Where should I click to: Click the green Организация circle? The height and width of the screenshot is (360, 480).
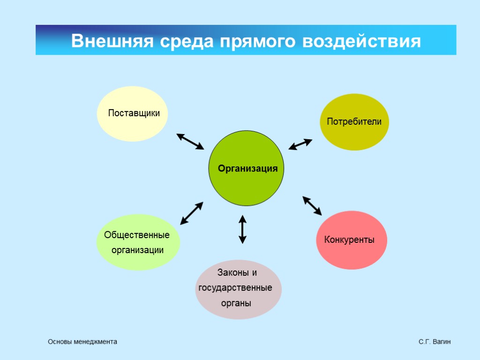pyautogui.click(x=246, y=168)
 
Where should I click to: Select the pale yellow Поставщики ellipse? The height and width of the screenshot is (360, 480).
pyautogui.click(x=132, y=113)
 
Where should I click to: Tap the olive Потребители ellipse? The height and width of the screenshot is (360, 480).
pyautogui.click(x=354, y=122)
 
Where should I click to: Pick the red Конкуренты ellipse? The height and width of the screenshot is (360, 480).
pyautogui.click(x=352, y=240)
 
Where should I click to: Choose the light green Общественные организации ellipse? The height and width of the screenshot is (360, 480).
pyautogui.click(x=138, y=242)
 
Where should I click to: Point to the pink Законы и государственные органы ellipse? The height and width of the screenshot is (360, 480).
pyautogui.click(x=238, y=289)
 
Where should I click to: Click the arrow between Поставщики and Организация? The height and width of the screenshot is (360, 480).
pyautogui.click(x=190, y=141)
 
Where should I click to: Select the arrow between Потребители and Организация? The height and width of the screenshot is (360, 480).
pyautogui.click(x=300, y=144)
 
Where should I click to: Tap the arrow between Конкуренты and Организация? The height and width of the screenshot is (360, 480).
pyautogui.click(x=312, y=206)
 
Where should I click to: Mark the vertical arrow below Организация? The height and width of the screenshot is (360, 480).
pyautogui.click(x=242, y=229)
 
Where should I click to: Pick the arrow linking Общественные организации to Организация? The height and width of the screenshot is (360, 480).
pyautogui.click(x=192, y=213)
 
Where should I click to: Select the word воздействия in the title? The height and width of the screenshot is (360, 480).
pyautogui.click(x=361, y=41)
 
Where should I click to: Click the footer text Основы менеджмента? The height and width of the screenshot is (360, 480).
pyautogui.click(x=82, y=342)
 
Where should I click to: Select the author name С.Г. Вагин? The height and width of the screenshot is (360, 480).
pyautogui.click(x=435, y=342)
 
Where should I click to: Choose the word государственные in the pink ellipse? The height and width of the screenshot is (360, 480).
pyautogui.click(x=235, y=287)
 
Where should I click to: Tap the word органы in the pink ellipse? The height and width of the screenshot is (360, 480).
pyautogui.click(x=236, y=303)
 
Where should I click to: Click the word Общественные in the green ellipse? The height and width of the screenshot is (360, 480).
pyautogui.click(x=137, y=234)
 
